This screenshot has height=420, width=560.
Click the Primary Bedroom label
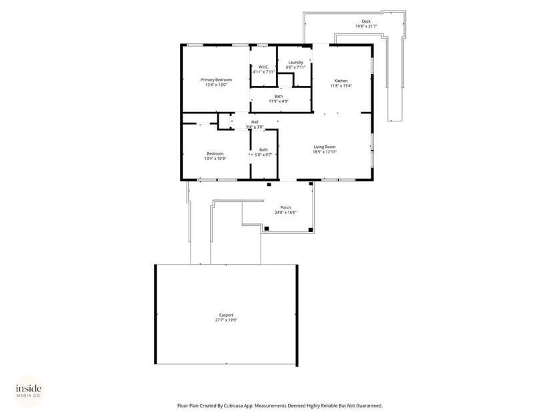tap(216, 80)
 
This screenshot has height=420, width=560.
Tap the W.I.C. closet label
tap(263, 67)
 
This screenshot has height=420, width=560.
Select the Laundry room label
tap(295, 63)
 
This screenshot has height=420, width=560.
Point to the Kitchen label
tap(341, 81)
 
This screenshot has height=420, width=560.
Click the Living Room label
tap(325, 147)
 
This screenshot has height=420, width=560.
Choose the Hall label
tap(255, 122)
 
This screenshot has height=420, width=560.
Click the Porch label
tap(285, 207)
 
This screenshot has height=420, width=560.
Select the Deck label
tap(366, 21)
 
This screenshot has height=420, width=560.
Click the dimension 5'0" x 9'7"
tap(263, 155)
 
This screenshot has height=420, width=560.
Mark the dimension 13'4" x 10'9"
tap(214, 159)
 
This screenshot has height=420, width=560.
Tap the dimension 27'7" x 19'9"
tap(226, 320)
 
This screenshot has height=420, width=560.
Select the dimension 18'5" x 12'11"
tap(325, 152)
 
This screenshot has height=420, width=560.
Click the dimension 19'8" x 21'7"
tap(366, 27)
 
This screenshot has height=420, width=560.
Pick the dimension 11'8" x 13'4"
tap(341, 85)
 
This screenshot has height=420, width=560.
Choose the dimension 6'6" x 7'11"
tap(295, 67)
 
